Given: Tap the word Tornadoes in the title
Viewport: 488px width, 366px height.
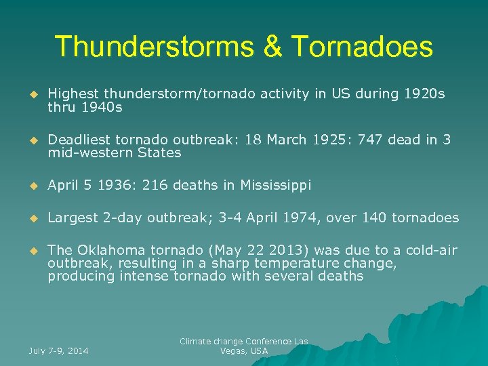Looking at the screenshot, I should point(363,47).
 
